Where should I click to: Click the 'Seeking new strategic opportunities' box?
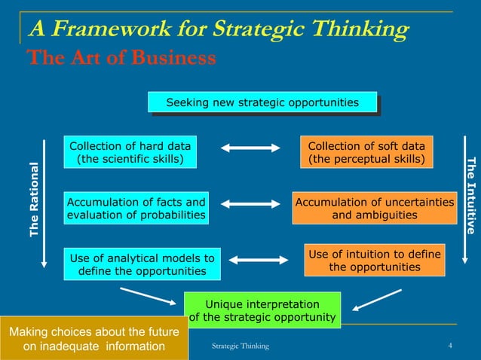[262, 102]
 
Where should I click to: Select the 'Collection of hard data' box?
[130, 153]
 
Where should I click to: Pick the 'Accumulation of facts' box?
[136, 209]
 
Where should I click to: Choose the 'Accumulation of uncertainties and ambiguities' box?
[375, 209]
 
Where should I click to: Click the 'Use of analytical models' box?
[142, 264]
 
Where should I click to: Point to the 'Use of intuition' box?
[375, 261]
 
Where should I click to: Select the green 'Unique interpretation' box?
[262, 310]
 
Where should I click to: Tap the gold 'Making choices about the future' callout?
[93, 339]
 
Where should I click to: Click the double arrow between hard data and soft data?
[250, 148]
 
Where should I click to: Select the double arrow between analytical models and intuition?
[258, 260]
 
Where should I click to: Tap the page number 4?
[450, 346]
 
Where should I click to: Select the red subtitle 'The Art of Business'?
[121, 57]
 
